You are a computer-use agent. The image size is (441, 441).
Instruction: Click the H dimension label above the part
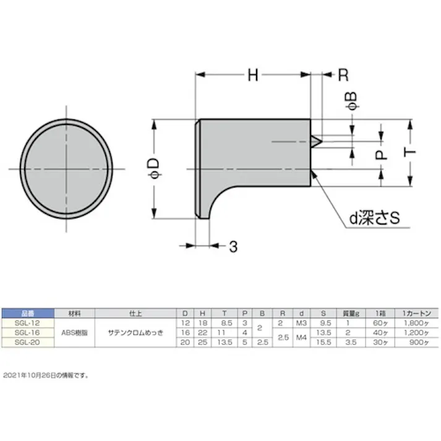click(253, 75)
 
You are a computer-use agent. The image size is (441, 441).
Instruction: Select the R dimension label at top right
click(343, 75)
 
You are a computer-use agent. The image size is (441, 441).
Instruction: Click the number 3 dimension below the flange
click(233, 246)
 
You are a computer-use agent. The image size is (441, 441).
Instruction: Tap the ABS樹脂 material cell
click(75, 332)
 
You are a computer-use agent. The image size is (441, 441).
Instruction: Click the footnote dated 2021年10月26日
click(46, 375)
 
